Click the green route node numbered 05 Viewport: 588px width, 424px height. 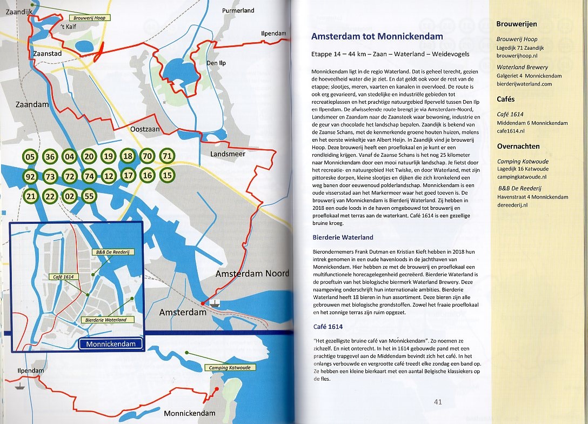click(x=31, y=157)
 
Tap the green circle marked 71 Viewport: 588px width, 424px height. click(x=167, y=156)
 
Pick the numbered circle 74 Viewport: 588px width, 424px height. click(x=89, y=176)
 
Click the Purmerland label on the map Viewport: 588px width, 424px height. click(x=238, y=10)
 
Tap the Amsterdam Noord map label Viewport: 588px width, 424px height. click(x=252, y=274)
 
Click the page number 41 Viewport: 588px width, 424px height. click(x=438, y=402)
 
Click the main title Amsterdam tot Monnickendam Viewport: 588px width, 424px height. click(x=377, y=37)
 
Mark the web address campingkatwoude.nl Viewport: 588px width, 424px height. click(x=522, y=176)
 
